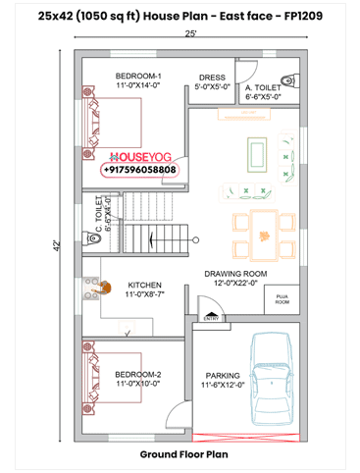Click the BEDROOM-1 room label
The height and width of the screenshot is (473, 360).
(138, 77)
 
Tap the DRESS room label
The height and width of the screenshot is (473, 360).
(212, 78)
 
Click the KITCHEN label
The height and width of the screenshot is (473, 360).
(145, 286)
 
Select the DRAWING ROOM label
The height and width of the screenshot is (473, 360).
(235, 274)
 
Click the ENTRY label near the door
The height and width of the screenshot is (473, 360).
(211, 317)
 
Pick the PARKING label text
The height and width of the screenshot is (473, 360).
(223, 375)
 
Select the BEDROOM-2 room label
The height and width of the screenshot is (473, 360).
(137, 375)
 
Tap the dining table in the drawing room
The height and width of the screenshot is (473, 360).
(262, 236)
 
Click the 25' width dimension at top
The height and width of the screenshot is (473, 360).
(190, 34)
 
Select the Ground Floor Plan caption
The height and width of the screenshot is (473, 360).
(183, 454)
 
